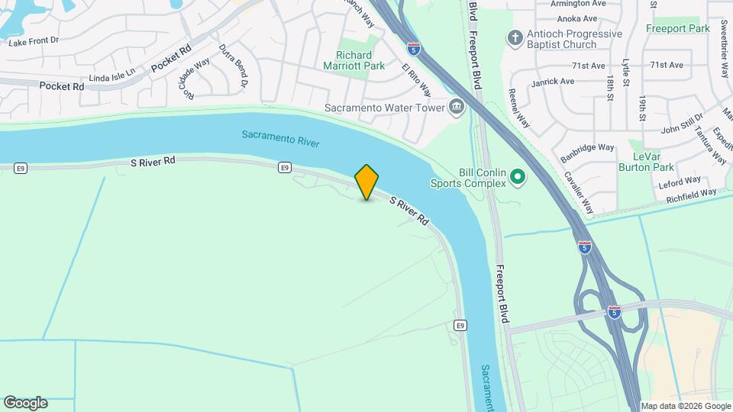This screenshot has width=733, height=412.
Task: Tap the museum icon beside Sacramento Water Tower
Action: point(457,107)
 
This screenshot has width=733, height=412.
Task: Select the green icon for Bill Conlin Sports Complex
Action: point(518,179)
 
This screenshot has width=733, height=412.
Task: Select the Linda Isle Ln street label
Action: point(111,76)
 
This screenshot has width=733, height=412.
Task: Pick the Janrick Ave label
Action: point(554,81)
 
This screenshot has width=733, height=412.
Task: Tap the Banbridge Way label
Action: point(587,147)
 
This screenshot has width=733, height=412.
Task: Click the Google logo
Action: point(25,403)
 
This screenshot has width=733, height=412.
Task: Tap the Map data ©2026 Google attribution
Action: point(686,406)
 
